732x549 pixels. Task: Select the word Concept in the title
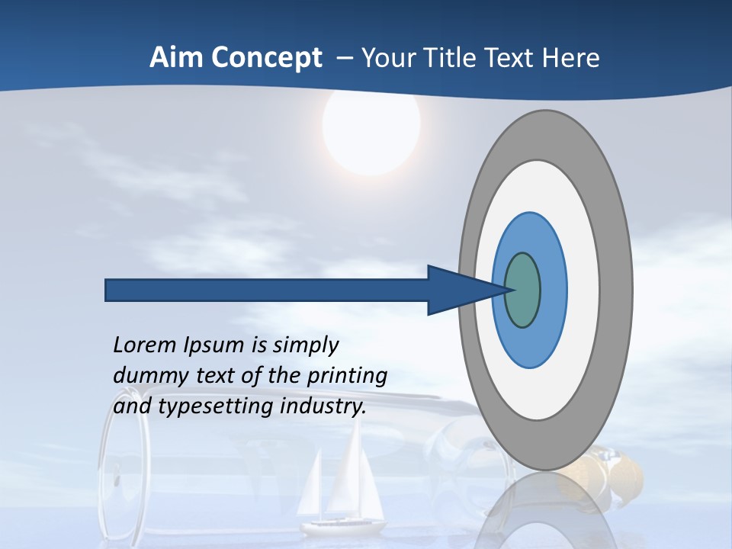(x=266, y=59)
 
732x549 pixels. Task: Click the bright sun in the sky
(x=371, y=128)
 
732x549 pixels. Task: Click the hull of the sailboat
(x=343, y=526)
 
